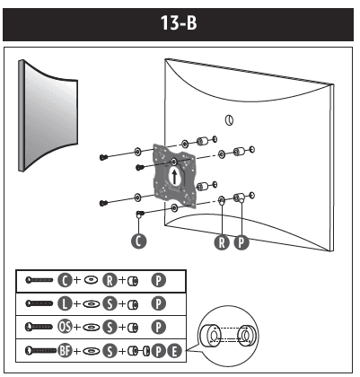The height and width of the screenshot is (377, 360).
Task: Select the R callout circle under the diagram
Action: pos(221,241)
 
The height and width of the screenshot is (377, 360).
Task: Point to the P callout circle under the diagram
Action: pos(241,241)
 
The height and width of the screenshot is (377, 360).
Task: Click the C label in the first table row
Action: pos(66,279)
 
